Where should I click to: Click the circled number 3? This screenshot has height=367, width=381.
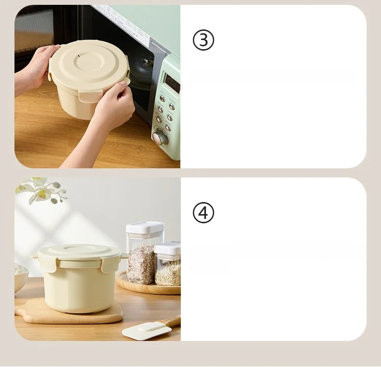pos(204,40)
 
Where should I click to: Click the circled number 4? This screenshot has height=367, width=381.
pos(204,212)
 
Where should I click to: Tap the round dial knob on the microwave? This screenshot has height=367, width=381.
pos(160,137)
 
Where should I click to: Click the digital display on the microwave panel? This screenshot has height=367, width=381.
pos(172,82)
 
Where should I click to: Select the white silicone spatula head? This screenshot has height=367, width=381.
pos(147,330)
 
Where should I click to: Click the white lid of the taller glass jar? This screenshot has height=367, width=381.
pos(145,227)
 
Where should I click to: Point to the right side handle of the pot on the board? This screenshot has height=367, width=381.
pos(125,256)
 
